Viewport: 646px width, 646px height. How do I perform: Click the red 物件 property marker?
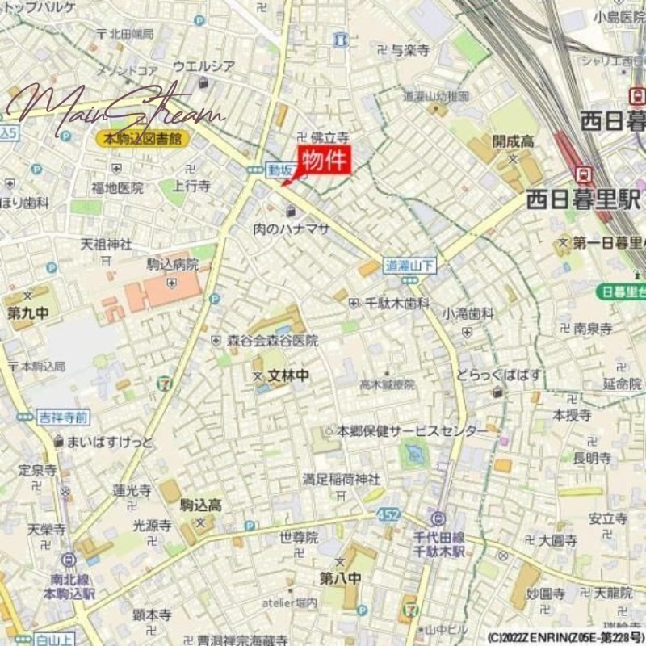click(x=325, y=161)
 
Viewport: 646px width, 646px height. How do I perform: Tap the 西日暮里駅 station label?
click(x=583, y=198)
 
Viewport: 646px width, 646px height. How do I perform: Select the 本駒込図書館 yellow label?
click(x=142, y=139)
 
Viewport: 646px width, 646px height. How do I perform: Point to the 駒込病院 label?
click(x=172, y=264)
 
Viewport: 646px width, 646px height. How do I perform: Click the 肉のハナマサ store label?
click(x=292, y=229)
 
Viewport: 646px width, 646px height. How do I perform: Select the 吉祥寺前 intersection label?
click(x=63, y=417)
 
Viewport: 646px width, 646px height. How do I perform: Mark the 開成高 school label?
click(x=514, y=141)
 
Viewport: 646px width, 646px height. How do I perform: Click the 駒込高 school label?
click(x=201, y=505)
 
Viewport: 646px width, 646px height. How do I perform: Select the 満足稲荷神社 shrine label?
click(x=342, y=479)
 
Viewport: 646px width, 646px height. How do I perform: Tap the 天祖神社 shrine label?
click(x=106, y=243)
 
